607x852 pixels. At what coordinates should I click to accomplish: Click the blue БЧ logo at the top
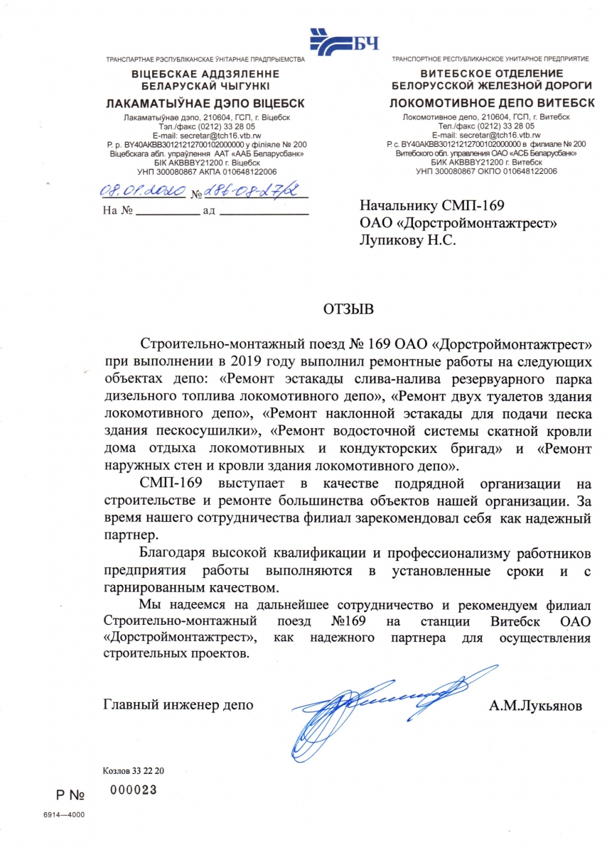coord(345,43)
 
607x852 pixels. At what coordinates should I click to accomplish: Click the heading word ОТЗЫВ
coord(348,310)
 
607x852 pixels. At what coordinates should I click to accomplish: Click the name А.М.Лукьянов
coord(535,706)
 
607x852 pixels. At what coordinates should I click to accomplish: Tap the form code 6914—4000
coord(63,814)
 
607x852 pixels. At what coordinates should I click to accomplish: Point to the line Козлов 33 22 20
coord(134,770)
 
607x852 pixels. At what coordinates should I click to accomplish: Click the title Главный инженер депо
coord(178,706)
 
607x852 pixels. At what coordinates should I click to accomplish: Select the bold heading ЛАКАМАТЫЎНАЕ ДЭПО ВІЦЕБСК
coord(205,104)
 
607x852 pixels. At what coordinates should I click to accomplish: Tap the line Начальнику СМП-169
coord(432,207)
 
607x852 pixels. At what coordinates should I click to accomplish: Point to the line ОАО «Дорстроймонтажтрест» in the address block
coord(458,224)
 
